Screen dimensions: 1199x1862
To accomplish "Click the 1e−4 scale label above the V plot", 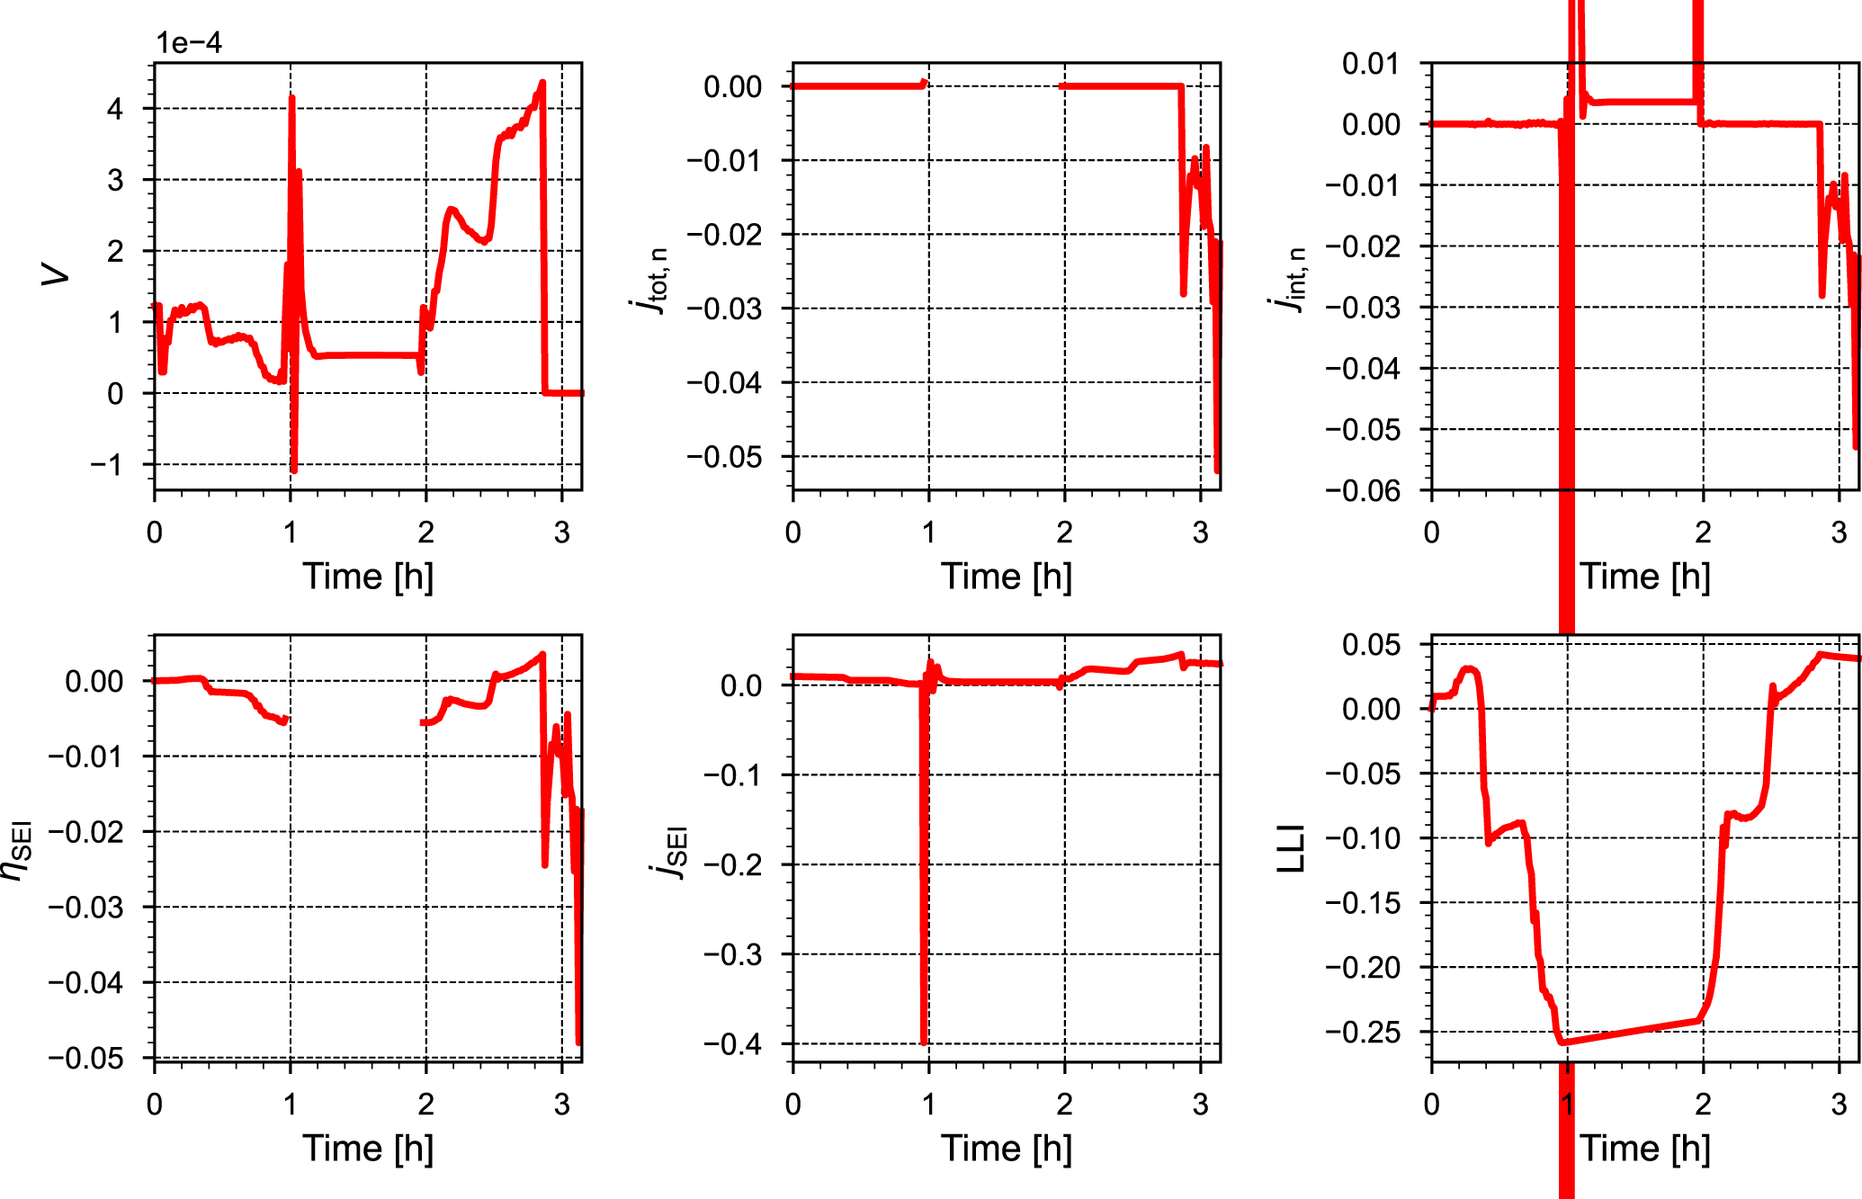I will click(189, 42).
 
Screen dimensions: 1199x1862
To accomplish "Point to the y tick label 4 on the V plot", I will click(115, 109).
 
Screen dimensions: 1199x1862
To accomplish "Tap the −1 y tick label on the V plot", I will click(107, 465).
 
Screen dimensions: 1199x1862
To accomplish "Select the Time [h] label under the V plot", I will click(368, 577).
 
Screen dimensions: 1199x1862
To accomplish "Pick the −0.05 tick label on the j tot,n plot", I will click(724, 457).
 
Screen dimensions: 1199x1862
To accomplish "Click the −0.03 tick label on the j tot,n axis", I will click(724, 309).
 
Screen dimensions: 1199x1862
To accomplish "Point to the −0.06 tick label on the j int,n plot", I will click(1363, 491).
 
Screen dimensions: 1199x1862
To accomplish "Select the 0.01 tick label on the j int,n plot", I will click(1371, 64).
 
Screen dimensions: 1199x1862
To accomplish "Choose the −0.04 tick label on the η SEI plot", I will click(85, 982).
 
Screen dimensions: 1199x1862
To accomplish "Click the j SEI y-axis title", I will click(670, 851).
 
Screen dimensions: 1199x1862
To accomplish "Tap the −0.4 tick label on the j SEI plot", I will click(732, 1044).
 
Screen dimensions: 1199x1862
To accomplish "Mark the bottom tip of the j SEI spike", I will click(924, 1042).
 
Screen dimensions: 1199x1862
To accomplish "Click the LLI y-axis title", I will click(1291, 848).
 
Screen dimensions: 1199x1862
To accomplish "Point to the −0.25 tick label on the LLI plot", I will click(1363, 1033).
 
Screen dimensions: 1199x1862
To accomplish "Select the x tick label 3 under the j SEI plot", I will click(1200, 1104).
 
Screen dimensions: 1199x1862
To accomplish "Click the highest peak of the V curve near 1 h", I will click(292, 97).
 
